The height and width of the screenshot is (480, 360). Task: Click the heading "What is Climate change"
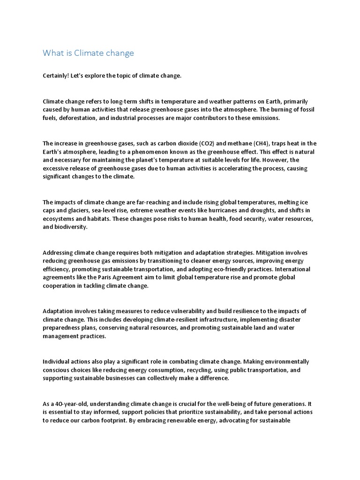(x=88, y=53)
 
